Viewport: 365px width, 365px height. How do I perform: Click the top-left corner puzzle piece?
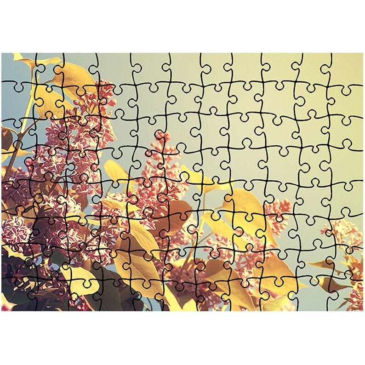pyautogui.click(x=17, y=68)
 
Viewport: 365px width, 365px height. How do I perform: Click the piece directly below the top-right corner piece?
pyautogui.click(x=347, y=100)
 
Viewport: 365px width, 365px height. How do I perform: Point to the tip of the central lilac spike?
pyautogui.click(x=160, y=136)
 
